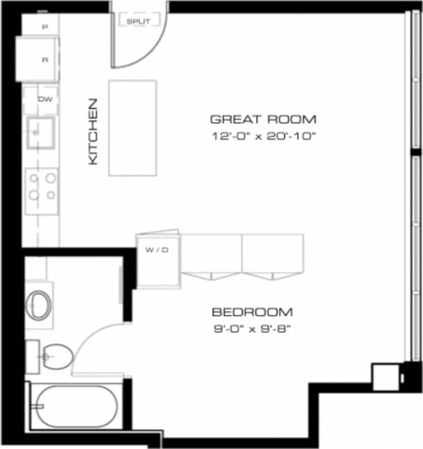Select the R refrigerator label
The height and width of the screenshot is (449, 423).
tap(44, 59)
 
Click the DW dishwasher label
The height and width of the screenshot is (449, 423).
tap(44, 99)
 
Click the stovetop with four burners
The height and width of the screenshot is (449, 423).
tap(41, 187)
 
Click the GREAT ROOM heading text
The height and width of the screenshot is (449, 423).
tap(263, 119)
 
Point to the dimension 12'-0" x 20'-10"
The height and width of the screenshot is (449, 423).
tap(264, 136)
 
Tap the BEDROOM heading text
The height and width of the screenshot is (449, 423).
tap(252, 312)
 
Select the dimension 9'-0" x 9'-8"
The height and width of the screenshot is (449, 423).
tap(252, 328)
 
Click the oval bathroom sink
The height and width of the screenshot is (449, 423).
tap(38, 304)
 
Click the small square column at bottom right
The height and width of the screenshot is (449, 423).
tap(383, 377)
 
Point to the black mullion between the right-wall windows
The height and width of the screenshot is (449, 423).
tap(415, 152)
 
